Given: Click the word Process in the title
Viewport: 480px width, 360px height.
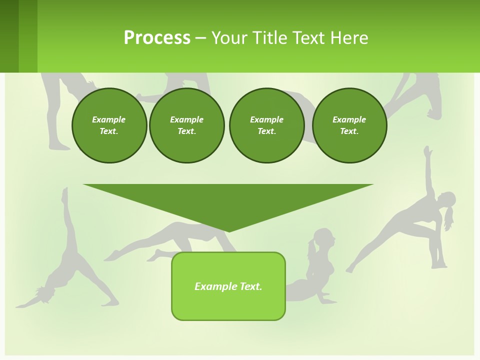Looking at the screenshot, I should click(x=157, y=38).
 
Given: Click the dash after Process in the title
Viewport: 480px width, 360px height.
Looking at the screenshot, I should click(x=200, y=38).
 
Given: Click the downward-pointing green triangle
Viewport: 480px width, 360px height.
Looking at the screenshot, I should click(x=228, y=202).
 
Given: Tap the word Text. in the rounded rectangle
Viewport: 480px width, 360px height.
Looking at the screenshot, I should click(x=251, y=286).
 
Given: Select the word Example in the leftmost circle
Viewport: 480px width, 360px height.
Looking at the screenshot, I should click(x=109, y=119).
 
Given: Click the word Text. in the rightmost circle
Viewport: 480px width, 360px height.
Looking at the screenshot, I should click(x=349, y=131).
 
